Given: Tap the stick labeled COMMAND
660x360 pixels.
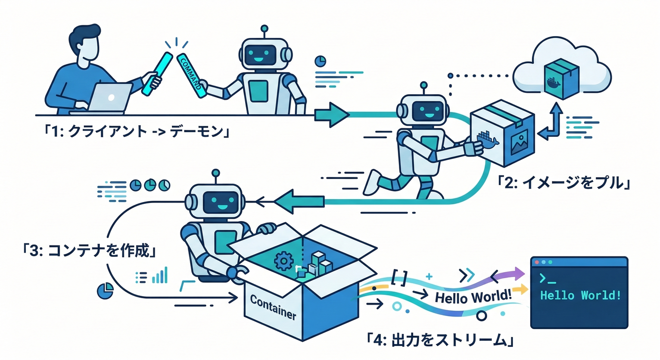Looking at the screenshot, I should pyautogui.click(x=191, y=75).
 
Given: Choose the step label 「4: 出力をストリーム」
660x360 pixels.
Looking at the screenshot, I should pyautogui.click(x=438, y=339).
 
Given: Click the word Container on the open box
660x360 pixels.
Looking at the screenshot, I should pyautogui.click(x=273, y=307).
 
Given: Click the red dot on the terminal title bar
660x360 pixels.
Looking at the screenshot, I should pyautogui.click(x=536, y=262).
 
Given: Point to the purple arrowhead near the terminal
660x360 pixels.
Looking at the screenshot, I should pyautogui.click(x=517, y=272).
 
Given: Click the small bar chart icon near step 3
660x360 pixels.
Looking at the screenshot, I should pyautogui.click(x=160, y=276).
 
